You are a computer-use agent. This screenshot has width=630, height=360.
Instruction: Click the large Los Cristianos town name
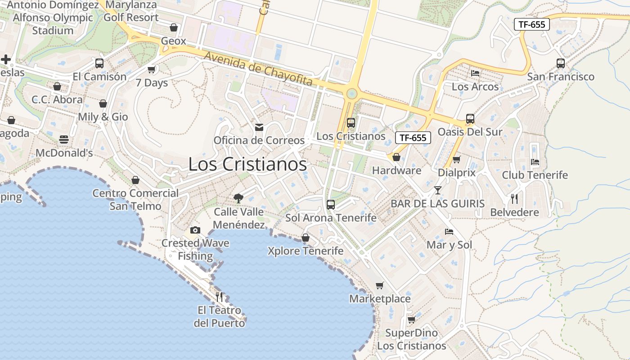(x=247, y=164)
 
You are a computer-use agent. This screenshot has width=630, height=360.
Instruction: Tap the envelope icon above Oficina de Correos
(x=259, y=127)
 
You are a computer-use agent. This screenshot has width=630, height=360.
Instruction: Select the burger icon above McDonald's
(x=64, y=139)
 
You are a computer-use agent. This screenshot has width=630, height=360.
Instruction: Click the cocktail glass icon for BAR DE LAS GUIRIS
(x=437, y=190)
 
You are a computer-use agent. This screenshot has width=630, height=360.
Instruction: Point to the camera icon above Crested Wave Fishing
(x=195, y=230)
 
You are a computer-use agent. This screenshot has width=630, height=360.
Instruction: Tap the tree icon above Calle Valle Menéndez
(x=238, y=198)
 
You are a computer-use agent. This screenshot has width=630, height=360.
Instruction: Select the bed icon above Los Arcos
(x=475, y=73)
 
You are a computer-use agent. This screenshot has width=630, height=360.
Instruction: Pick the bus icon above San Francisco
(x=560, y=63)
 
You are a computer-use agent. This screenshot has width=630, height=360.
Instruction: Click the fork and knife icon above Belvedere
(x=514, y=198)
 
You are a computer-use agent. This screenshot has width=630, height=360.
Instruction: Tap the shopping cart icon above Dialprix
(x=456, y=159)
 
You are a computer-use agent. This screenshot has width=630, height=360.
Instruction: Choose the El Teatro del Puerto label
(x=220, y=317)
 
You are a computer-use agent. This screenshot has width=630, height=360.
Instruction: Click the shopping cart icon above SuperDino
(x=411, y=319)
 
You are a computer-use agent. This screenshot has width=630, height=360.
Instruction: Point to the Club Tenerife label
(x=535, y=175)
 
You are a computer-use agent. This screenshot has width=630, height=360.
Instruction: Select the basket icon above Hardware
(x=396, y=157)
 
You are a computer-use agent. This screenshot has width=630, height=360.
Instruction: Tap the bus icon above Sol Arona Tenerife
(x=331, y=205)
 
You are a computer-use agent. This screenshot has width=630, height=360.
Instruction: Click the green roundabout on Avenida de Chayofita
(x=352, y=94)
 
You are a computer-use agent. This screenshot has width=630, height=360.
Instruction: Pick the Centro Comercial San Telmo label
(x=135, y=200)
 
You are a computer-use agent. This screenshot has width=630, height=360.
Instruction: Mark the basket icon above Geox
(x=174, y=27)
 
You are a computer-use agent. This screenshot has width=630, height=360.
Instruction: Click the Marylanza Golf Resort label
(x=131, y=11)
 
